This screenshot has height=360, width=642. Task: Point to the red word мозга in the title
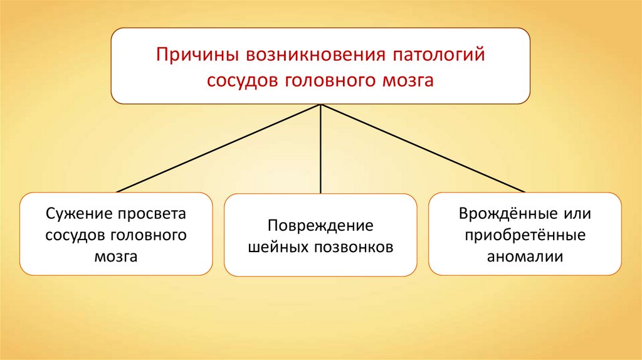pyautogui.click(x=411, y=82)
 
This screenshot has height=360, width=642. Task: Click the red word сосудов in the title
pyautogui.click(x=243, y=82)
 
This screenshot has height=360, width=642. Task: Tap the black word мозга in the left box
pyautogui.click(x=116, y=257)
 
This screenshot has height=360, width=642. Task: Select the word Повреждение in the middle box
pyautogui.click(x=320, y=225)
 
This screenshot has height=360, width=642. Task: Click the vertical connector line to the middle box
pyautogui.click(x=321, y=151)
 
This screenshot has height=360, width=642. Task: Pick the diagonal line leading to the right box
pyautogui.click(x=423, y=148)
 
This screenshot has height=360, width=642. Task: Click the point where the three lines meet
pyautogui.click(x=321, y=105)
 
